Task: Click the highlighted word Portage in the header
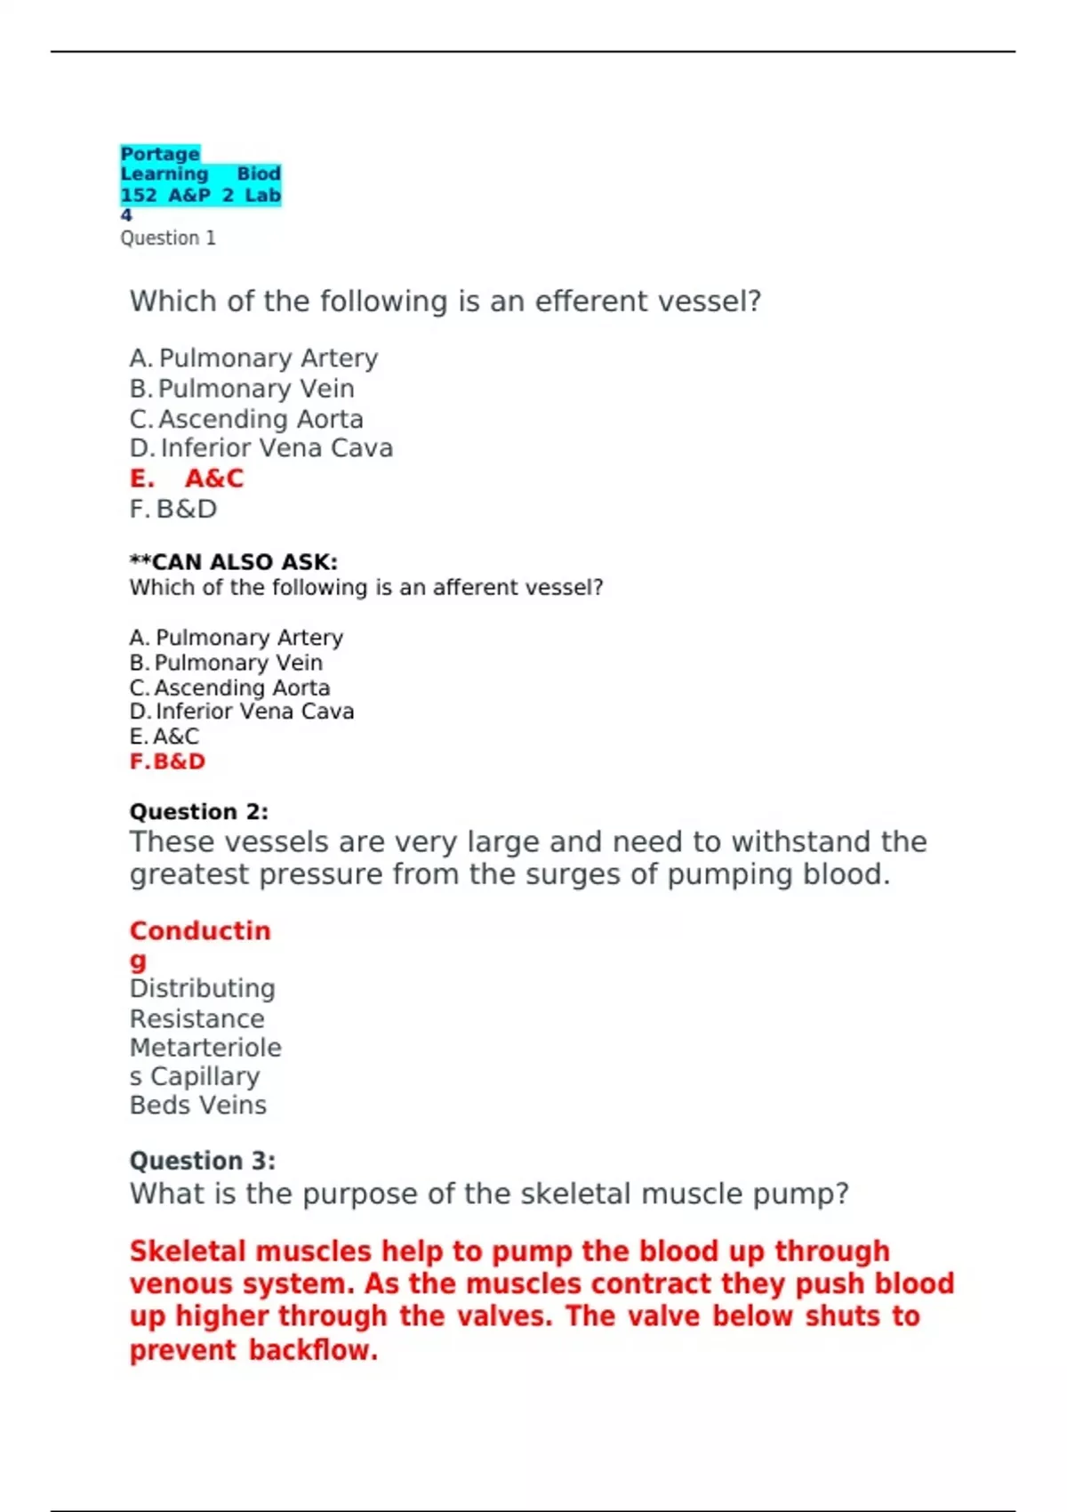[x=160, y=154]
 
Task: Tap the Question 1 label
[x=168, y=238]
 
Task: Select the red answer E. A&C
[x=187, y=479]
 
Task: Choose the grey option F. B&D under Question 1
[x=173, y=509]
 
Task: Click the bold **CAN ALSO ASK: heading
[x=234, y=562]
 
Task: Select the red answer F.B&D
[x=168, y=761]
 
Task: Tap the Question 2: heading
[x=199, y=811]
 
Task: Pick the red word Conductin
[x=200, y=930]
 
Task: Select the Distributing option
[x=203, y=988]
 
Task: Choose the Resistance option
[x=197, y=1018]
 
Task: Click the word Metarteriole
[x=205, y=1048]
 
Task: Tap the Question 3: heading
[x=203, y=1161]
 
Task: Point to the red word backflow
[x=313, y=1350]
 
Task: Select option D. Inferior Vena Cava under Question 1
[x=261, y=448]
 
